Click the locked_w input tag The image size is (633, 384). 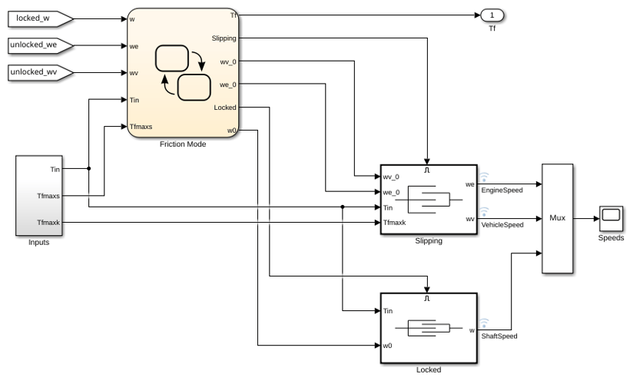click(41, 18)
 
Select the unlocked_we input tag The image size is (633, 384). click(41, 45)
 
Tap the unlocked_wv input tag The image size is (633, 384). click(41, 72)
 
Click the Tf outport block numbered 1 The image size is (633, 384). click(492, 15)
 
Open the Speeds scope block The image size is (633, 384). click(611, 218)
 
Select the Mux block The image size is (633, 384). click(557, 218)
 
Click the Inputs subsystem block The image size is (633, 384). click(39, 195)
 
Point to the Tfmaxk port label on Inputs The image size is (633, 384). click(48, 223)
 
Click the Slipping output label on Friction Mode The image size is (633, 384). click(224, 38)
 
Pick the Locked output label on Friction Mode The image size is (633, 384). click(225, 108)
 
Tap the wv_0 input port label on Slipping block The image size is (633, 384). click(391, 177)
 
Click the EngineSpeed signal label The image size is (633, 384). click(502, 190)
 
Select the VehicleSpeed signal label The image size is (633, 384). click(502, 225)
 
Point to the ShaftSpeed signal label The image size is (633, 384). click(499, 336)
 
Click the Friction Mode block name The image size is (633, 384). click(183, 144)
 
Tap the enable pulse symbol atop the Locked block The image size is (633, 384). click(427, 299)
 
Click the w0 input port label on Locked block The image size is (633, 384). click(387, 346)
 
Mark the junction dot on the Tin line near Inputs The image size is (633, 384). click(89, 168)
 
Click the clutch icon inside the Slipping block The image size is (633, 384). click(429, 200)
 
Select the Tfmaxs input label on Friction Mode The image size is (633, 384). click(141, 127)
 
